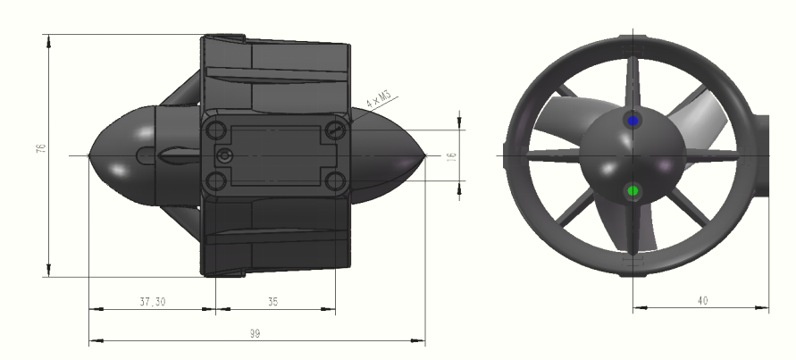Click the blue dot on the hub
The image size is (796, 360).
click(x=633, y=120)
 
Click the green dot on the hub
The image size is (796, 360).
click(x=633, y=190)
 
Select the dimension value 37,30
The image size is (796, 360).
click(x=152, y=302)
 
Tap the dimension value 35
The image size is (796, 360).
click(x=272, y=302)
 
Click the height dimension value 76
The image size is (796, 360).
click(x=40, y=149)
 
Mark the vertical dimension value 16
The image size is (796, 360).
click(x=451, y=155)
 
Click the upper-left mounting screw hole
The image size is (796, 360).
click(x=216, y=130)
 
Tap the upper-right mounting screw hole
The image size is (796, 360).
click(x=335, y=130)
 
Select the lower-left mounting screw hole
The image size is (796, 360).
click(x=216, y=182)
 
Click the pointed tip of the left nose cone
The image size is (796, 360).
click(x=91, y=155)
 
